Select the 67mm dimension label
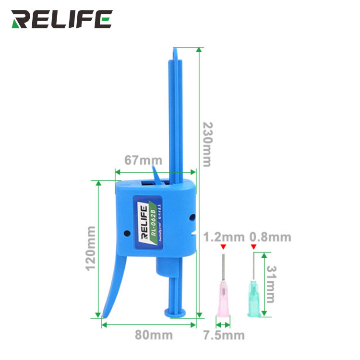143,160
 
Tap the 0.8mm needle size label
270,237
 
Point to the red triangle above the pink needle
223,247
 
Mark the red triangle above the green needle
254,247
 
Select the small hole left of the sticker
127,234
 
